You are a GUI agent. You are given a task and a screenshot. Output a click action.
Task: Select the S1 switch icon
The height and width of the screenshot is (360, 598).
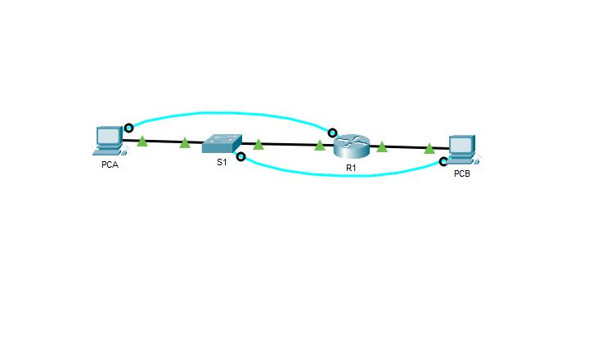(222, 143)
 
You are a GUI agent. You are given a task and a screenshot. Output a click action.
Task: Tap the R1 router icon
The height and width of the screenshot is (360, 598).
(351, 146)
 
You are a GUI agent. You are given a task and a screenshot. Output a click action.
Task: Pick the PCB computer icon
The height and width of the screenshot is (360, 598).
(462, 150)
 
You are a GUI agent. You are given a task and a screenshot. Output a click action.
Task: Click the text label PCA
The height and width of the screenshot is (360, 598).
(110, 164)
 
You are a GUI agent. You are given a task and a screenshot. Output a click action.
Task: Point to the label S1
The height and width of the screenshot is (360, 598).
(222, 162)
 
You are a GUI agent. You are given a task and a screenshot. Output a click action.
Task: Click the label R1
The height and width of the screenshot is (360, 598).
(351, 168)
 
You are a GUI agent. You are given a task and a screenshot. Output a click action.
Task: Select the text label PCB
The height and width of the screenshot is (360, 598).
(462, 173)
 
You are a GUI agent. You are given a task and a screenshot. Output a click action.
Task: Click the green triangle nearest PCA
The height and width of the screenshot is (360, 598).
(142, 141)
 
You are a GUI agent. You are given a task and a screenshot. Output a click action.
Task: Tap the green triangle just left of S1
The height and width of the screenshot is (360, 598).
(185, 143)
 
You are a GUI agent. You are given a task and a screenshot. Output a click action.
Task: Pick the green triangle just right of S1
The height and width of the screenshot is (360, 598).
(259, 145)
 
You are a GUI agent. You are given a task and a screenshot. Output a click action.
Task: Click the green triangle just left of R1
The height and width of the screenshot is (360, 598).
(320, 146)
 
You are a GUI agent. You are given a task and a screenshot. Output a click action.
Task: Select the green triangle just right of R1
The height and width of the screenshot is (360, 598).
(382, 146)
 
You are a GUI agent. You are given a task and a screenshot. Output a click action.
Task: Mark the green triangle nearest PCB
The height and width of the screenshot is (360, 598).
(429, 148)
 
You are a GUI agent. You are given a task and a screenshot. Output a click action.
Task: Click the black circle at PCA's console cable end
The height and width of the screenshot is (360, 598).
(129, 128)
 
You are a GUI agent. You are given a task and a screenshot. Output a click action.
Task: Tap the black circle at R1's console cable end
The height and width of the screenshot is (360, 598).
(332, 133)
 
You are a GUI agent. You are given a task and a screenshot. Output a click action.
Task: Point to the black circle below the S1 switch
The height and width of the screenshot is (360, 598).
(241, 156)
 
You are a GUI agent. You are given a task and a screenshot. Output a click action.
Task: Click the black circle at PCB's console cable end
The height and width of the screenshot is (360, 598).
(443, 162)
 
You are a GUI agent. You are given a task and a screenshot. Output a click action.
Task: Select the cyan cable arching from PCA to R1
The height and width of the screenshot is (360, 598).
(229, 113)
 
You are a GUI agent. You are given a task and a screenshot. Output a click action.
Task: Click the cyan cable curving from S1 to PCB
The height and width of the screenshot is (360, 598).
(344, 176)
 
